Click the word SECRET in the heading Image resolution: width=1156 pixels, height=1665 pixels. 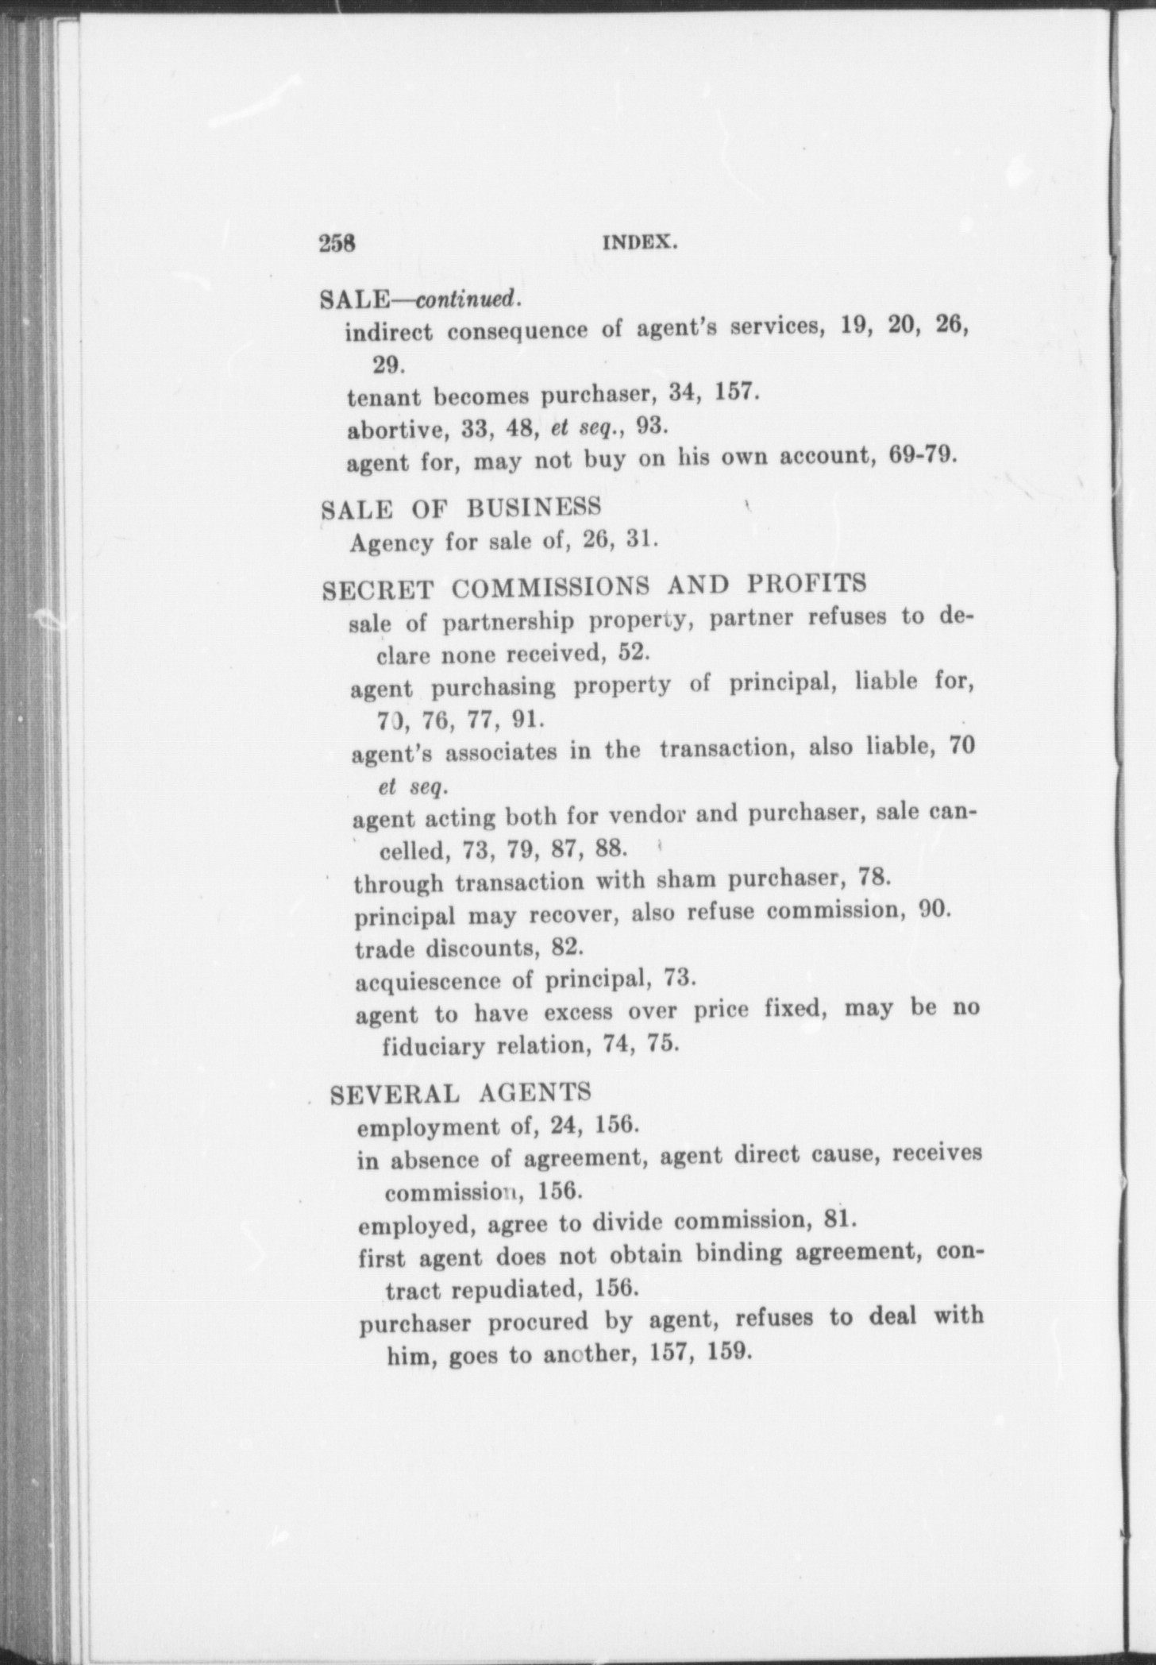pos(379,589)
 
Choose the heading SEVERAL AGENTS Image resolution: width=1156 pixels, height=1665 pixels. pos(461,1093)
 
